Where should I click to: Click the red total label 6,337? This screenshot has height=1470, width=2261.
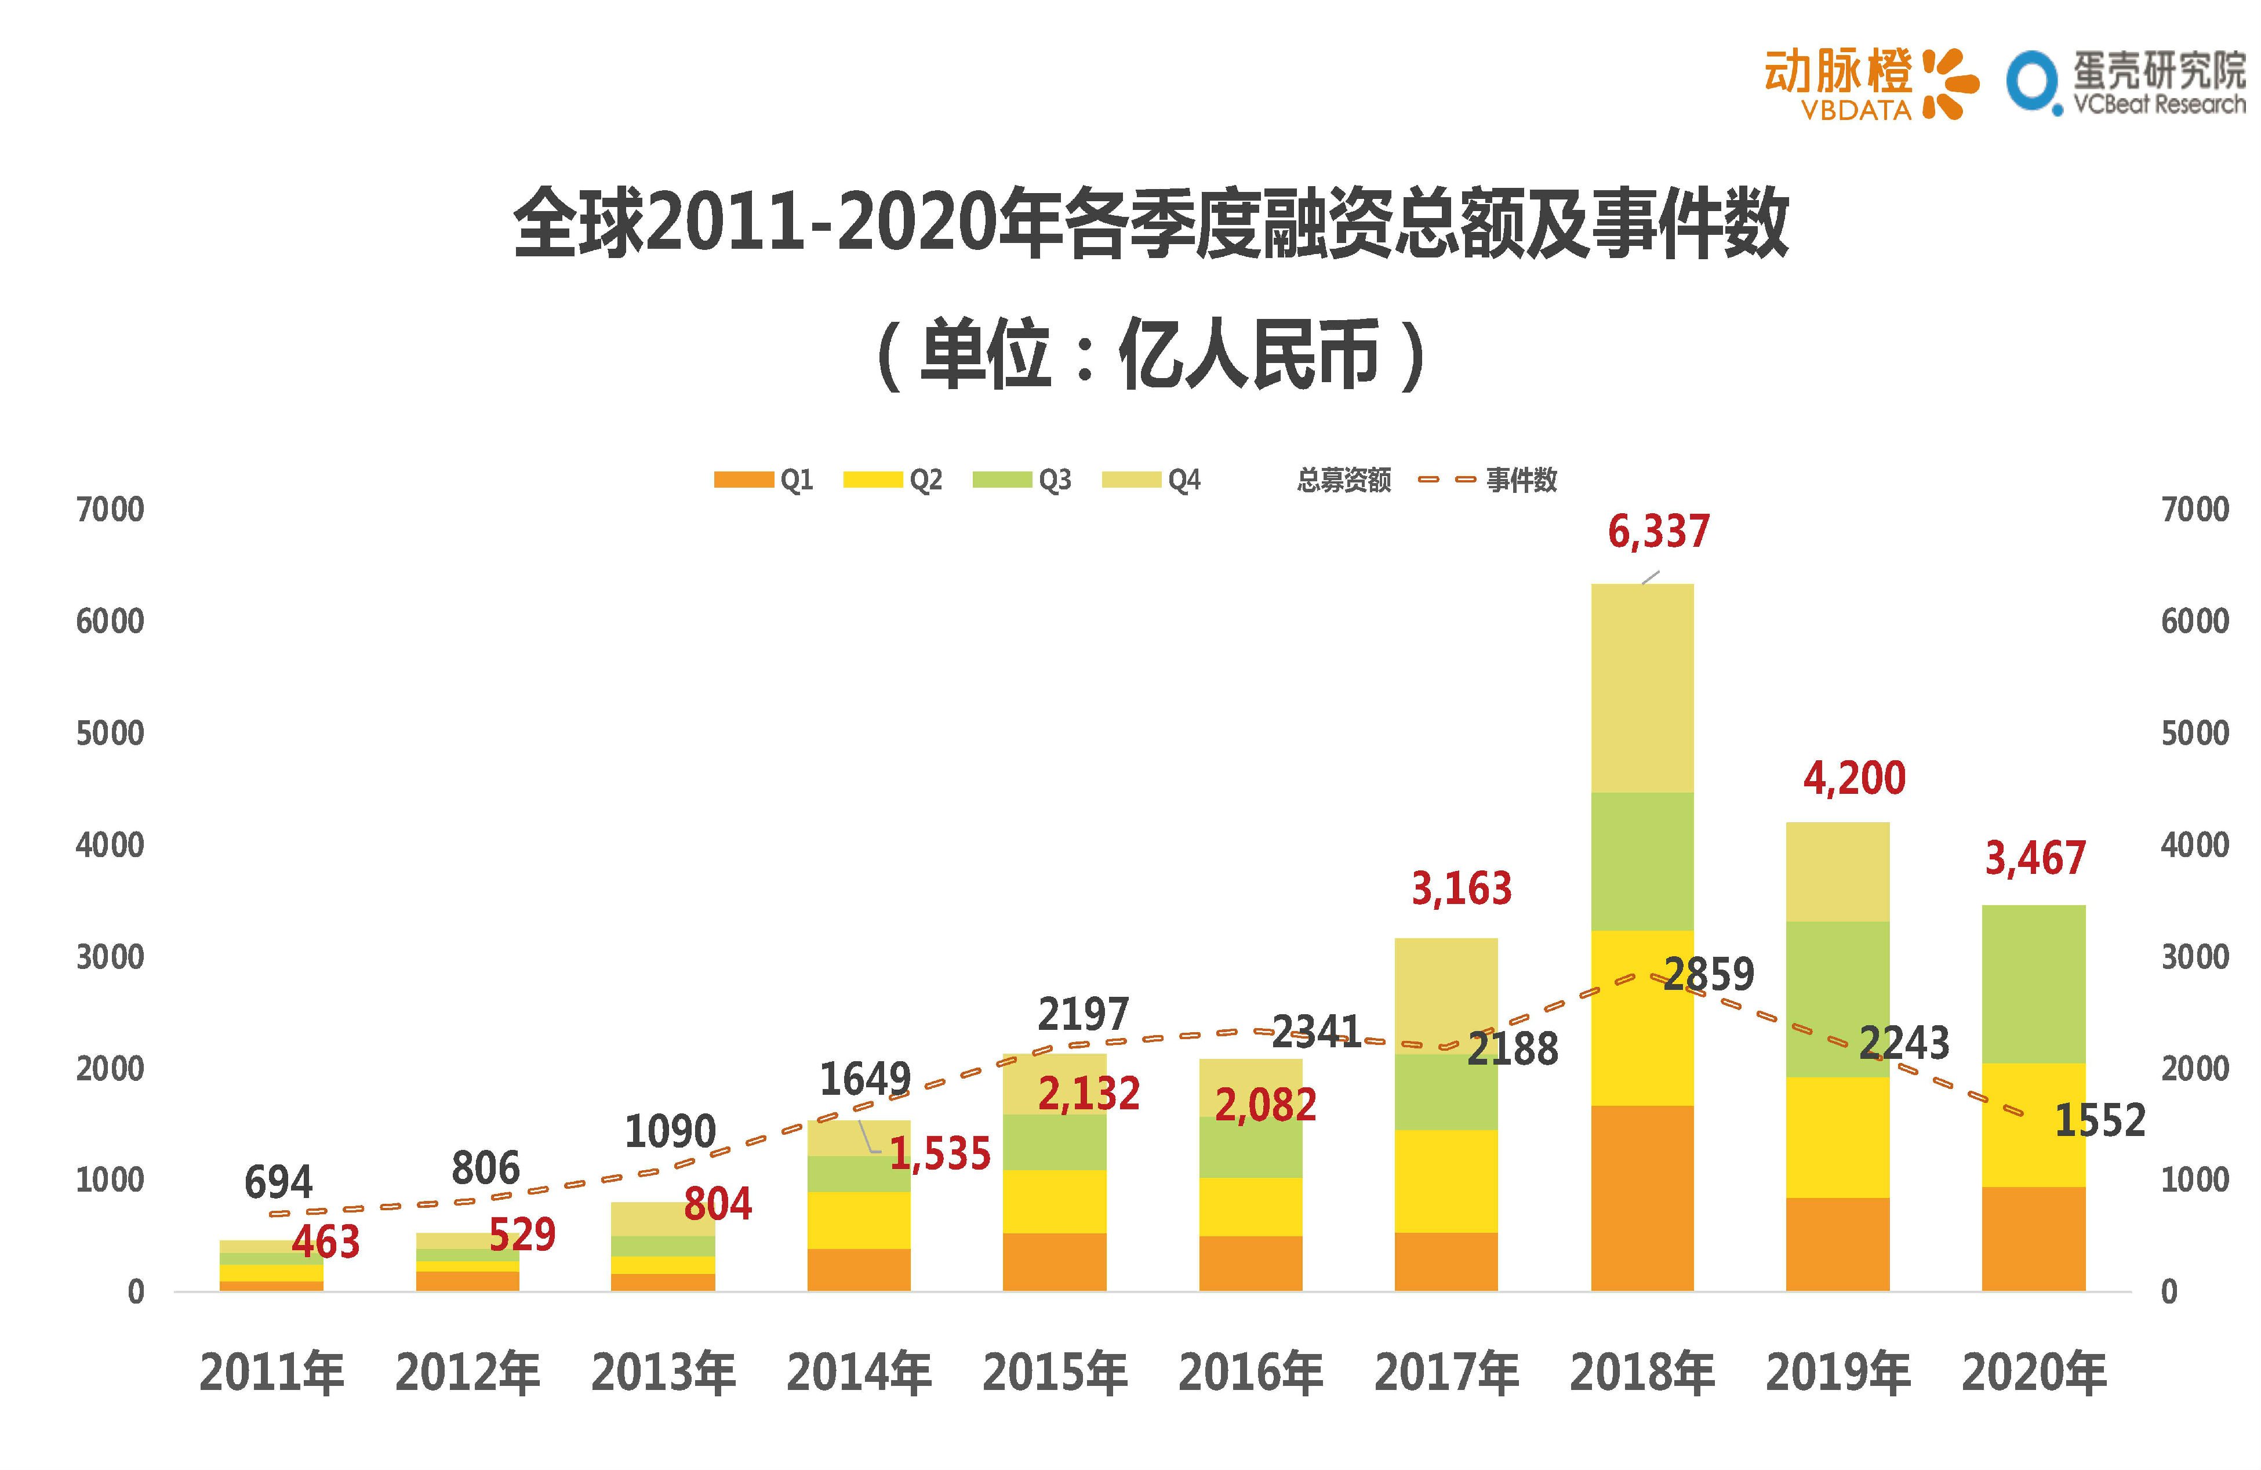pos(1657,531)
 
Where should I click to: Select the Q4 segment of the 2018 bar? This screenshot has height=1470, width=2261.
pos(1642,688)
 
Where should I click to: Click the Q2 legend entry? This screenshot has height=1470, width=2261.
pos(893,480)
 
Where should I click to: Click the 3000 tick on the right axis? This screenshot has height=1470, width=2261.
pos(2194,957)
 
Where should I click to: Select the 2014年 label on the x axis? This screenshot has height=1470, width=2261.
pos(859,1373)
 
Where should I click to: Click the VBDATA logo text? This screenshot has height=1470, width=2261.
pos(1855,110)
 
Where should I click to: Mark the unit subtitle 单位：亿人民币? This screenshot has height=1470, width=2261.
pos(1150,354)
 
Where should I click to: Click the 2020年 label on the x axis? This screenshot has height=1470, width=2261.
pos(2034,1373)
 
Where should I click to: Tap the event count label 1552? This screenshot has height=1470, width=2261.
pos(2099,1120)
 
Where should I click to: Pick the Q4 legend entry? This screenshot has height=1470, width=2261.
pos(1151,480)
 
